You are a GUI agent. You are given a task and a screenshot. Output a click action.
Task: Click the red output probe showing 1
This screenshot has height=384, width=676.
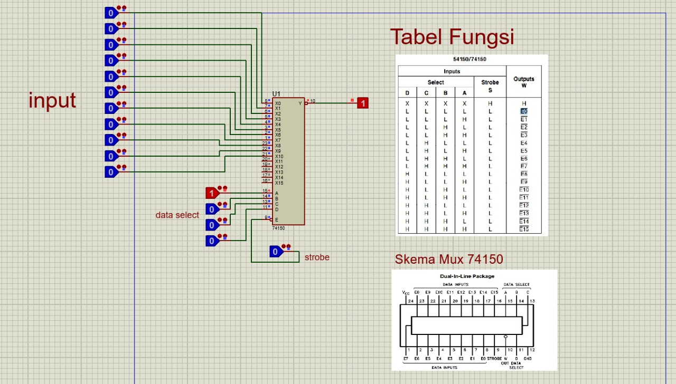pyautogui.click(x=363, y=103)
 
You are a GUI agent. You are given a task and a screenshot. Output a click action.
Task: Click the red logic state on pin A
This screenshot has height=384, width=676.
pyautogui.click(x=212, y=193)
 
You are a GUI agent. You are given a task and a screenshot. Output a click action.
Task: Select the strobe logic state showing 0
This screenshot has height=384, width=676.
pyautogui.click(x=275, y=252)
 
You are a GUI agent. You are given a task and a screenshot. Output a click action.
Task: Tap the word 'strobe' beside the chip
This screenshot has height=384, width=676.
pyautogui.click(x=317, y=257)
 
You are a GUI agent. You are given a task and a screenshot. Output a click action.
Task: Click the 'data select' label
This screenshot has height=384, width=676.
pyautogui.click(x=177, y=215)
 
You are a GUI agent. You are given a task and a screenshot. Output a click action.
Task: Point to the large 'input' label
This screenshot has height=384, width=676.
pyautogui.click(x=52, y=100)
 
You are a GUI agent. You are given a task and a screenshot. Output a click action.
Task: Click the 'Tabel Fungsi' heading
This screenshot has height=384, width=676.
pyautogui.click(x=452, y=37)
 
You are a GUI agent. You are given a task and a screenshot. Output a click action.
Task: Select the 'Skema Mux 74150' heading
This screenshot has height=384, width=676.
pyautogui.click(x=449, y=259)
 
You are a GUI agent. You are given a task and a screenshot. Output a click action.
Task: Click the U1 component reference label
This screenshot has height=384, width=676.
pyautogui.click(x=277, y=94)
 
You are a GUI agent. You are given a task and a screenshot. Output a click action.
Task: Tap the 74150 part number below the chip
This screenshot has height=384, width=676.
pyautogui.click(x=278, y=228)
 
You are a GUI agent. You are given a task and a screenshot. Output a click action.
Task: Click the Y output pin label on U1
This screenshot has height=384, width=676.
pyautogui.click(x=300, y=103)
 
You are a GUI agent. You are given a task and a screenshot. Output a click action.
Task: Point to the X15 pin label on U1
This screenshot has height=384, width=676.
pyautogui.click(x=279, y=183)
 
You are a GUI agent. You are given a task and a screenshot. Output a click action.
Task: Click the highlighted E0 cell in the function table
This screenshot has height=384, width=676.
pyautogui.click(x=523, y=112)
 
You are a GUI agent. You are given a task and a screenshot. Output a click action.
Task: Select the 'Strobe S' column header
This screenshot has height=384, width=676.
pyautogui.click(x=490, y=86)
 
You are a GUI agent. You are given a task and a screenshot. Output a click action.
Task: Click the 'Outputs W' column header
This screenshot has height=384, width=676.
pyautogui.click(x=523, y=82)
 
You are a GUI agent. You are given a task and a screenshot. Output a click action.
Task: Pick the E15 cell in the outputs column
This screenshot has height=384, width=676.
pyautogui.click(x=523, y=229)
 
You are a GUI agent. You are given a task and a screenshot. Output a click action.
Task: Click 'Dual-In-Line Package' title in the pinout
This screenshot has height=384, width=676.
pyautogui.click(x=467, y=276)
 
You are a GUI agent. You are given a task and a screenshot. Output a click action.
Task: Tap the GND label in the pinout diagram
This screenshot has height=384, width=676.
pyautogui.click(x=527, y=359)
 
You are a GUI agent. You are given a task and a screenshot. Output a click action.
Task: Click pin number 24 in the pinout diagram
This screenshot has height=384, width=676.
pyautogui.click(x=410, y=301)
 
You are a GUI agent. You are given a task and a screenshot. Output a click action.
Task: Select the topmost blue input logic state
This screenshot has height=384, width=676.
pyautogui.click(x=111, y=13)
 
